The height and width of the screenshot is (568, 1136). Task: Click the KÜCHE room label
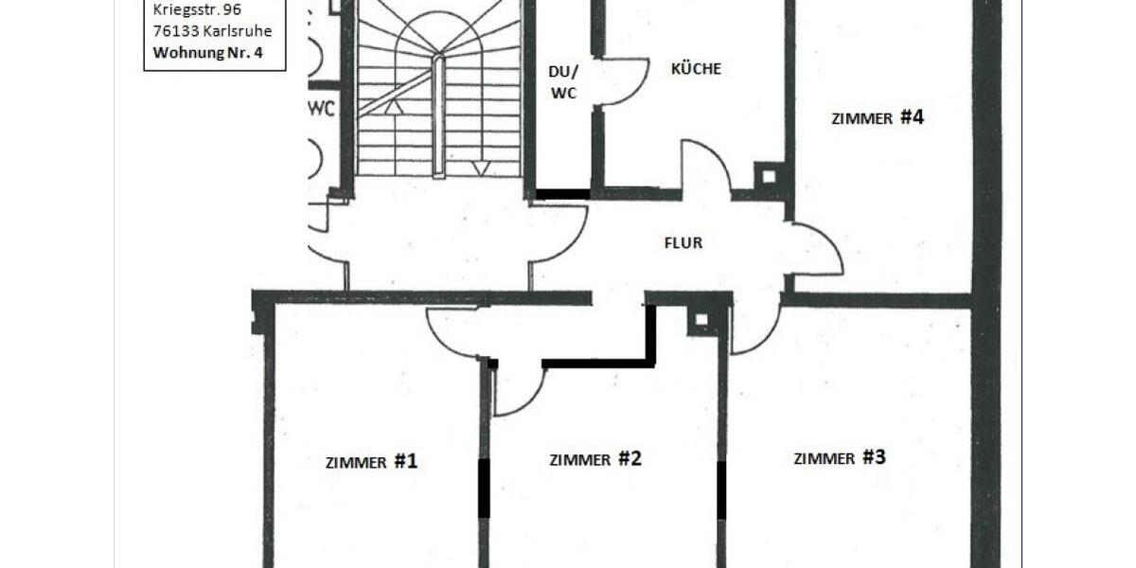pyautogui.click(x=696, y=69)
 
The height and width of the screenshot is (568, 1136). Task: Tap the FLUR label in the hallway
pyautogui.click(x=683, y=243)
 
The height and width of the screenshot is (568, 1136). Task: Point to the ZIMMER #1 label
pyautogui.click(x=371, y=462)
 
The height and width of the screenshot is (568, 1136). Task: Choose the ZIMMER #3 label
pyautogui.click(x=840, y=458)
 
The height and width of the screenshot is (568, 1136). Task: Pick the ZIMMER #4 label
pyautogui.click(x=878, y=118)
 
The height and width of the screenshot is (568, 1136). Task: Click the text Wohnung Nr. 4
pyautogui.click(x=205, y=52)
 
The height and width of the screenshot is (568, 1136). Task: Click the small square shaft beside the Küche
pyautogui.click(x=768, y=175)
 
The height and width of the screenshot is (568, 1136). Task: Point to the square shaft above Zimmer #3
pyautogui.click(x=701, y=319)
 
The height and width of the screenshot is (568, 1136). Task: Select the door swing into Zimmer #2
pyautogui.click(x=519, y=388)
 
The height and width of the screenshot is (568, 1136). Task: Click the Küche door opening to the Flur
pyautogui.click(x=705, y=168)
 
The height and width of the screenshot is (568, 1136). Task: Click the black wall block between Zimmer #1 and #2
pyautogui.click(x=484, y=488)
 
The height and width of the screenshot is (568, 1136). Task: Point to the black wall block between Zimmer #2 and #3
pyautogui.click(x=721, y=489)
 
